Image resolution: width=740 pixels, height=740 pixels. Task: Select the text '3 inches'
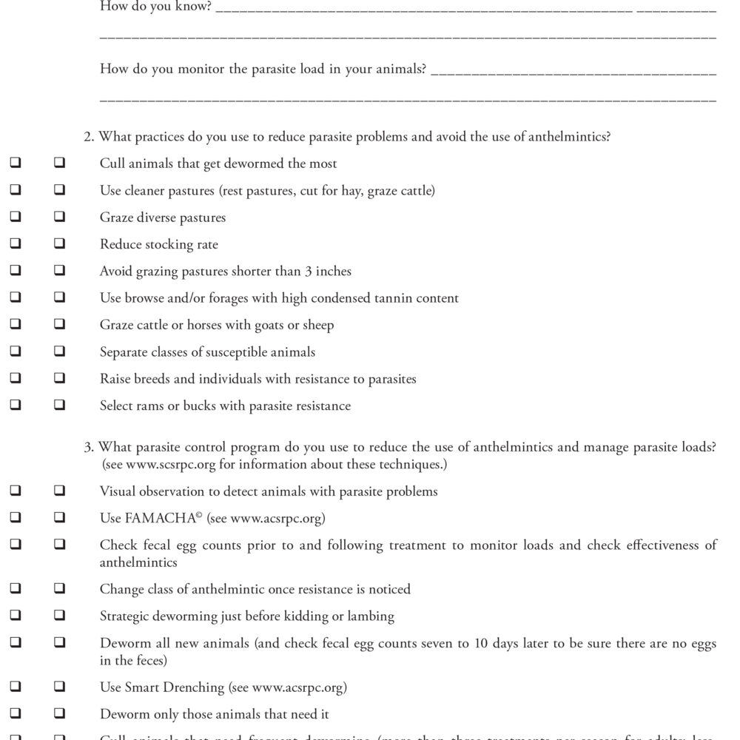click(329, 272)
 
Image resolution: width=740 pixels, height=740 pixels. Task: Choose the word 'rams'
click(151, 406)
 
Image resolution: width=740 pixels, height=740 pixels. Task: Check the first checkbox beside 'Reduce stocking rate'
click(16, 245)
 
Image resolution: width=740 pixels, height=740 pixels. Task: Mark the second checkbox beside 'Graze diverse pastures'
click(59, 218)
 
